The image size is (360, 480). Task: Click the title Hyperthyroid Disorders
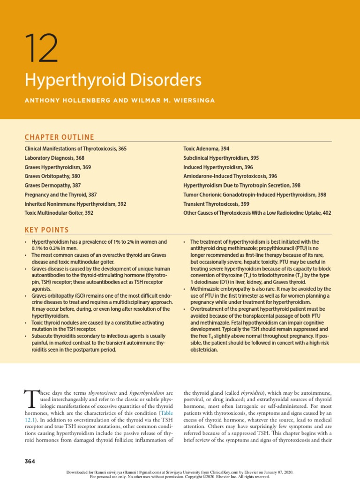[113, 80]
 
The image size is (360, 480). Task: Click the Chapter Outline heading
[59, 137]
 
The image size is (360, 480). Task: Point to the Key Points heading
[46, 230]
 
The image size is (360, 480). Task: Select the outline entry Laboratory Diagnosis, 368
[54, 158]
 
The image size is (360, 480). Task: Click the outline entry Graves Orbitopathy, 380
[52, 176]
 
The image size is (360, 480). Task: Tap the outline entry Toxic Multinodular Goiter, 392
[59, 213]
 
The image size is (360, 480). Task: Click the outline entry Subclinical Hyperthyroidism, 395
[221, 158]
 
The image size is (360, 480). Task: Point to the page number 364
[30, 462]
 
